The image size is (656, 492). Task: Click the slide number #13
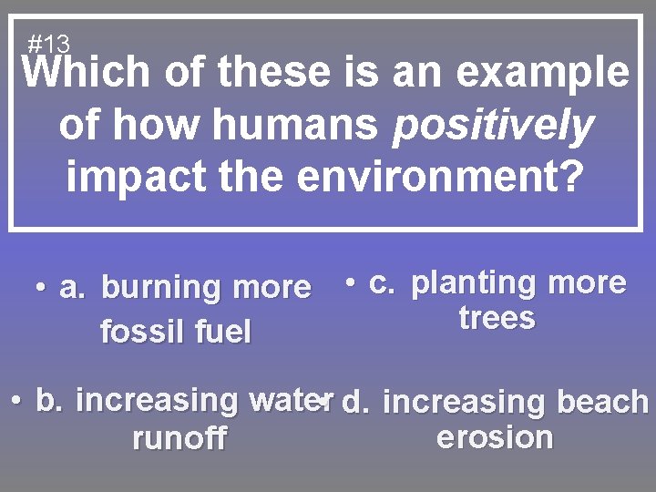(x=48, y=43)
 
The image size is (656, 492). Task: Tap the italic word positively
(x=492, y=125)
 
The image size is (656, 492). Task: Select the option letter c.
(x=382, y=284)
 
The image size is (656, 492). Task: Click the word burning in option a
(x=163, y=288)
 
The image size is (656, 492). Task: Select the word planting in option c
(x=474, y=284)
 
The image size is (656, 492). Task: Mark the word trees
(x=497, y=319)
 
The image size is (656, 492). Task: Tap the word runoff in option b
(x=179, y=439)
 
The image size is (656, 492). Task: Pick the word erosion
(x=495, y=437)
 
